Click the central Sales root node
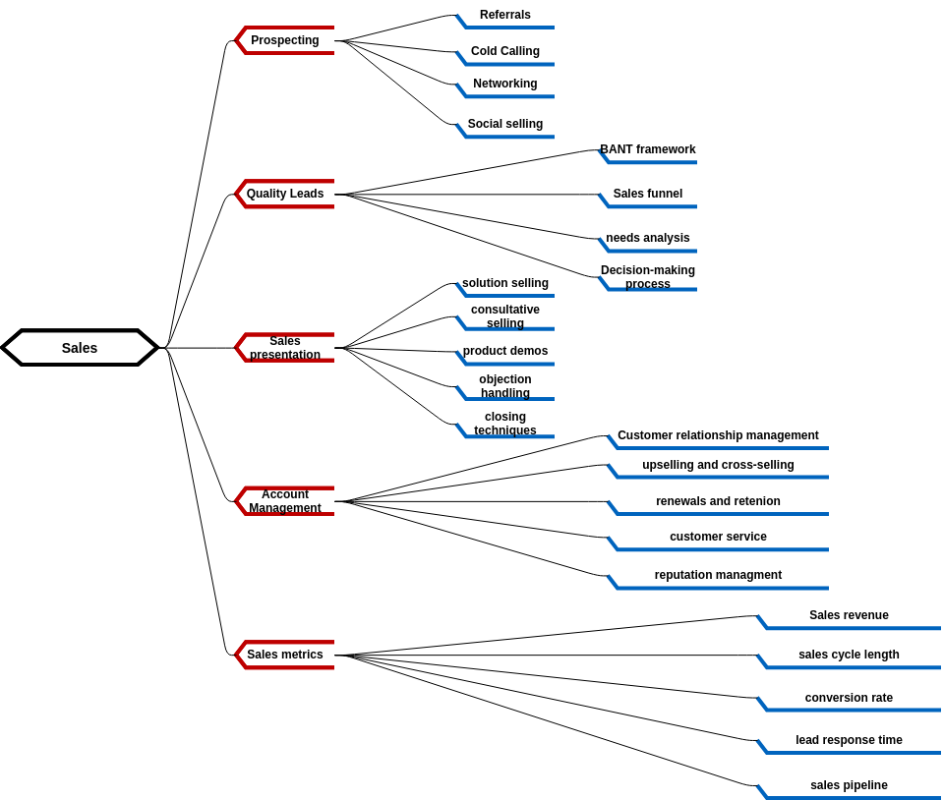80,348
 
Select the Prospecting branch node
285,40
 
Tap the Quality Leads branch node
285,194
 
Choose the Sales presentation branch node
285,348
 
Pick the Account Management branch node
285,501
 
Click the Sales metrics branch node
285,655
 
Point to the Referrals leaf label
505,16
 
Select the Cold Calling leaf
505,52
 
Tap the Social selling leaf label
505,125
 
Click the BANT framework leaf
648,150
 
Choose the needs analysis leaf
648,239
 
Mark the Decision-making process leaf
648,277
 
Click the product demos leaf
505,352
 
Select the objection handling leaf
505,386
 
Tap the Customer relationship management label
718,436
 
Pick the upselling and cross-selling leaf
718,466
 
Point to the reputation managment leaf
718,576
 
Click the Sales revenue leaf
849,616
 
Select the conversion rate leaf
849,699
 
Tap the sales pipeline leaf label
849,786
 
